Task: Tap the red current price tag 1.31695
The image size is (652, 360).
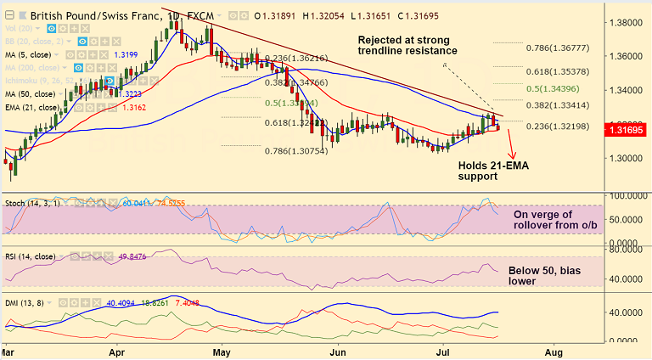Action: point(627,130)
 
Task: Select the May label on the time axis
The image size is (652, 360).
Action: point(222,349)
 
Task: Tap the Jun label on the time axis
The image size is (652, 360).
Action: point(338,349)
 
